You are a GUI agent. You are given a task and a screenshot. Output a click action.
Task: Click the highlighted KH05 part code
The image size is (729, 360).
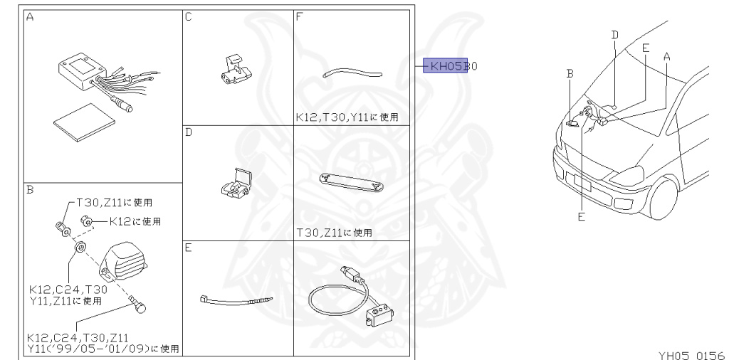(x=446, y=66)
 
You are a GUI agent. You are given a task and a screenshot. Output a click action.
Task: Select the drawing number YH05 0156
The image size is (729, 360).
(x=691, y=354)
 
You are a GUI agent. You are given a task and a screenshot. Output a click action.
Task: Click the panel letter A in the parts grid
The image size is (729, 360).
(x=30, y=17)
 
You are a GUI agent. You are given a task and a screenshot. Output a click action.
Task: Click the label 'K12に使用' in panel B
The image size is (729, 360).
(x=135, y=221)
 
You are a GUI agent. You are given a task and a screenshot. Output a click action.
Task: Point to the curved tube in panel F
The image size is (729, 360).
(x=352, y=72)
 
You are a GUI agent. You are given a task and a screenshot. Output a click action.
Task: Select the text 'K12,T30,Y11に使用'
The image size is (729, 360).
(x=347, y=116)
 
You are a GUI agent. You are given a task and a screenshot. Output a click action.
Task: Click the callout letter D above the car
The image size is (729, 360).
(x=615, y=33)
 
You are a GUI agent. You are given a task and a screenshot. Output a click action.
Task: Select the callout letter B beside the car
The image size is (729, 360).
(x=570, y=73)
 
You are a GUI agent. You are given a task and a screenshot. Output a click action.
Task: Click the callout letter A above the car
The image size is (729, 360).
(x=667, y=55)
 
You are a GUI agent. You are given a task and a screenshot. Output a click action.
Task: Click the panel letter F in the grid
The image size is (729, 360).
(x=300, y=17)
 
